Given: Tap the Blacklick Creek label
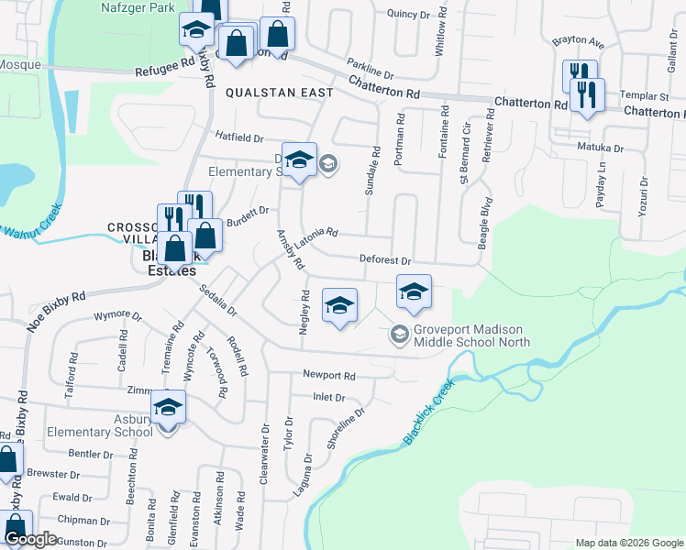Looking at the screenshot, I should click(428, 414).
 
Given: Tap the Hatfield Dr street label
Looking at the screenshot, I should click(239, 137).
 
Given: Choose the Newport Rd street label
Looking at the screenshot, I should click(329, 376).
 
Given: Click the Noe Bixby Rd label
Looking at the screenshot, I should click(56, 312).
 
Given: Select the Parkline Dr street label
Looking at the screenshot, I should click(370, 69).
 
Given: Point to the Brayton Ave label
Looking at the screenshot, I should click(578, 43).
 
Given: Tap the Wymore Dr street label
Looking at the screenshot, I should click(118, 317).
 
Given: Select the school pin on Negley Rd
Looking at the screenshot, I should click(339, 304).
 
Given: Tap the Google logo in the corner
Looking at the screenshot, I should click(31, 540).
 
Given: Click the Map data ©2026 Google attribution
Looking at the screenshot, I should click(628, 543).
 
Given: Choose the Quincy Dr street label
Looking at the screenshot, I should click(408, 15).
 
